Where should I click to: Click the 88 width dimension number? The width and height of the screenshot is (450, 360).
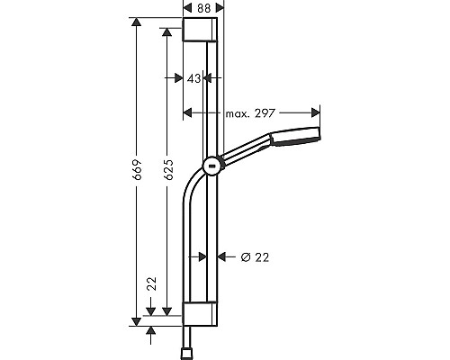pos(204,8)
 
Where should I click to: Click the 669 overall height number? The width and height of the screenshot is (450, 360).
pos(138,169)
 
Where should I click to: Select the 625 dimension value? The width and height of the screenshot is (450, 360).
pos(169,169)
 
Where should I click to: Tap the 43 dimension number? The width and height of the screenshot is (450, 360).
pos(193,78)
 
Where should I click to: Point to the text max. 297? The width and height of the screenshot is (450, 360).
pos(250,113)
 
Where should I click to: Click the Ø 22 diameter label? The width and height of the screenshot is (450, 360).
pos(255,257)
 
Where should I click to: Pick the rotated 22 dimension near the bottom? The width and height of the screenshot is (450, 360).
pos(153,283)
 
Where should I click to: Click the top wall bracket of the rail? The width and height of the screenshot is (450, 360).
pos(200,29)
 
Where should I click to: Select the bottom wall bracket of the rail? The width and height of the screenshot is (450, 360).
pos(200,314)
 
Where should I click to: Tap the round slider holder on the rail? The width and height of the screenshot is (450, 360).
pos(212,166)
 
